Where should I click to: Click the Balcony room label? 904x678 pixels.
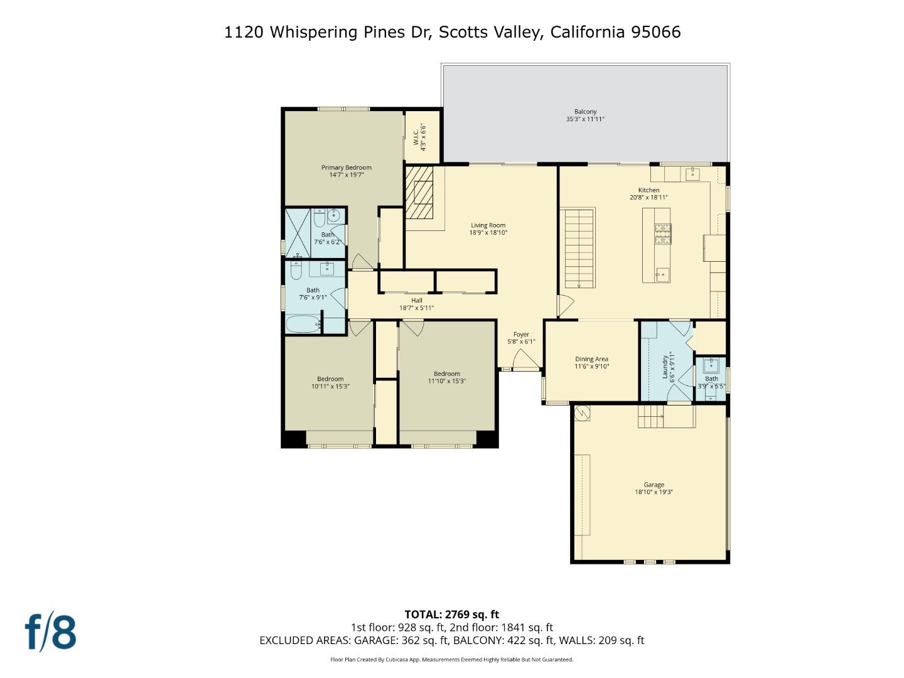tap(585, 112)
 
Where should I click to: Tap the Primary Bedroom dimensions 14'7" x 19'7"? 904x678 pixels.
tap(347, 175)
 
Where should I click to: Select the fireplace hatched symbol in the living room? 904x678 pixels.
tap(419, 192)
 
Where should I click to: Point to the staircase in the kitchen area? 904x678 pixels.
tap(579, 247)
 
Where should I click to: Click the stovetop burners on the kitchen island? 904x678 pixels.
tap(663, 234)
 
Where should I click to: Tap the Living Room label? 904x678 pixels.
tap(488, 225)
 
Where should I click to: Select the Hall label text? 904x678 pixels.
tap(416, 301)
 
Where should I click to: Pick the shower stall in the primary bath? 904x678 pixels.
tap(298, 233)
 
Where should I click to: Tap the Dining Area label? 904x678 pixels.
tap(591, 359)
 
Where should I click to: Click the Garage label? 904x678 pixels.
tap(654, 485)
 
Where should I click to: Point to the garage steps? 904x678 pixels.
tap(651, 416)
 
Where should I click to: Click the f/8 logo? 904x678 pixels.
tap(50, 632)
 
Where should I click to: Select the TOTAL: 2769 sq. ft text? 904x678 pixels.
tap(451, 615)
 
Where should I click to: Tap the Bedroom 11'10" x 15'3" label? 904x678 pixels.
tap(446, 374)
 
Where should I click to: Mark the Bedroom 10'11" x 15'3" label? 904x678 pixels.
tap(330, 379)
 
